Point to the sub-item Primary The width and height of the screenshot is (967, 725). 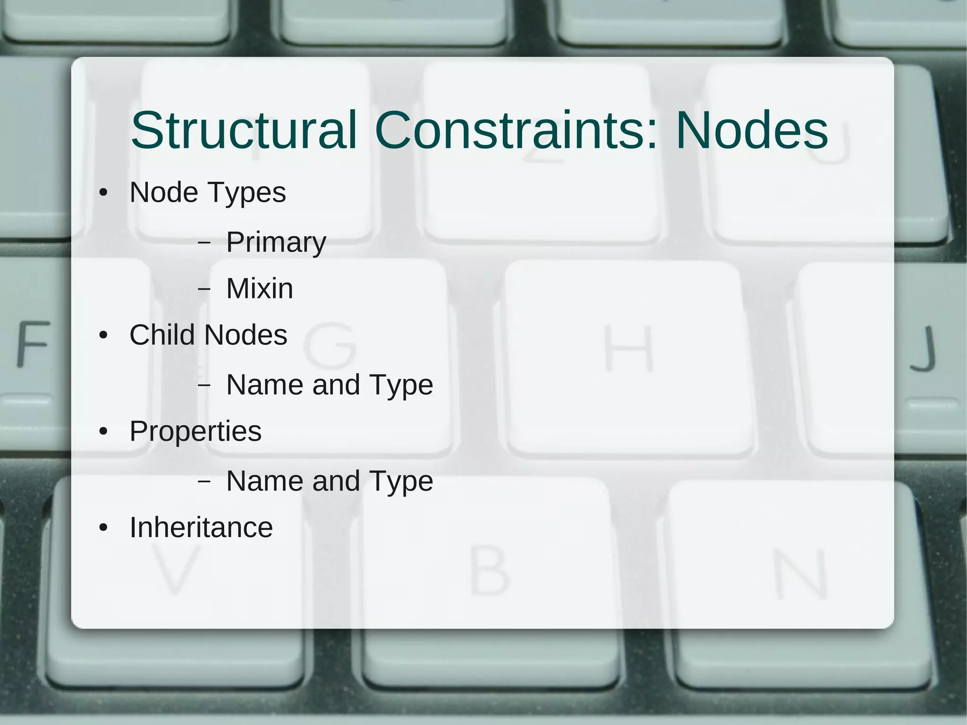[276, 243]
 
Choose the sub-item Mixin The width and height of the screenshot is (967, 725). [260, 289]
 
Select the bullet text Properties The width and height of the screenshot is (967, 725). [195, 431]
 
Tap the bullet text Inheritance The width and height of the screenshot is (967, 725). [201, 528]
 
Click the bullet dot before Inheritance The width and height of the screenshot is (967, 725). [104, 528]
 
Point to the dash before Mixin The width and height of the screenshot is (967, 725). [204, 289]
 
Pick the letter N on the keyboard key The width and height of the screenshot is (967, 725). [801, 573]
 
